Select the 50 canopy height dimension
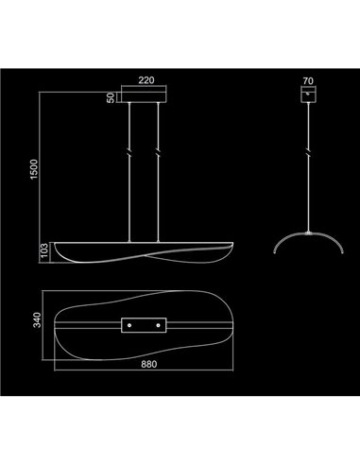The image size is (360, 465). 111,97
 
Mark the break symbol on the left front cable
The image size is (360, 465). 128,150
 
